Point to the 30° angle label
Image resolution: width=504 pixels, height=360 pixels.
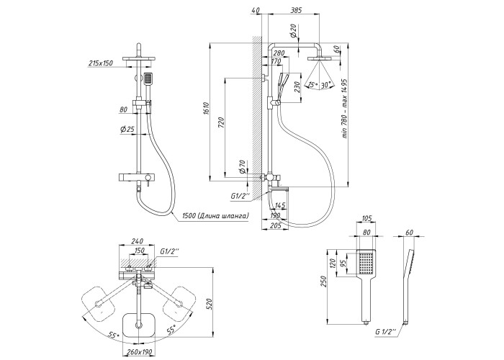[328, 84]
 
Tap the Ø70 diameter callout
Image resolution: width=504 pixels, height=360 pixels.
[243, 167]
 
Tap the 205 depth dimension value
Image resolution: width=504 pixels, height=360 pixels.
[274, 225]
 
